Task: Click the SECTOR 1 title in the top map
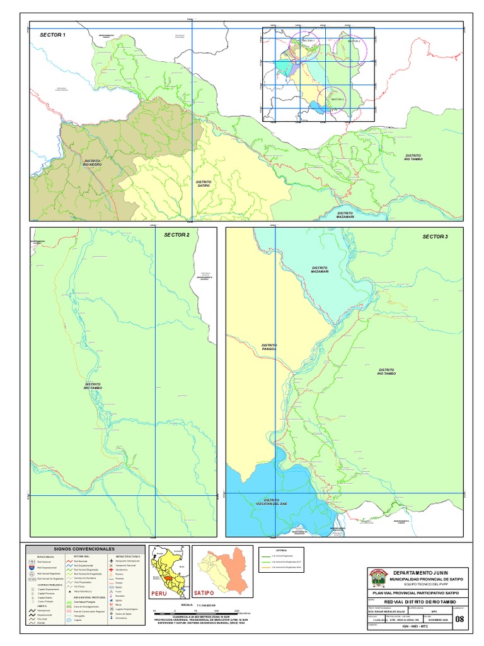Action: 52,35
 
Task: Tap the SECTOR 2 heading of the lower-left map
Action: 176,235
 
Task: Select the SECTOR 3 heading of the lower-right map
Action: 435,236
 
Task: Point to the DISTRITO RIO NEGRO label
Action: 93,163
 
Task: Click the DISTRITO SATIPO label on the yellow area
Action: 203,184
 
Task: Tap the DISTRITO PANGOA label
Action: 269,347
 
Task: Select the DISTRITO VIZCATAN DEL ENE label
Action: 272,502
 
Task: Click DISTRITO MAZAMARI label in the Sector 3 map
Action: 320,270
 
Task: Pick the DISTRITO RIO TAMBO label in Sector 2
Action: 93,385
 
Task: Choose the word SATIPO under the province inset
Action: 204,594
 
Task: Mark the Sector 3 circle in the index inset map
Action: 333,99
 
